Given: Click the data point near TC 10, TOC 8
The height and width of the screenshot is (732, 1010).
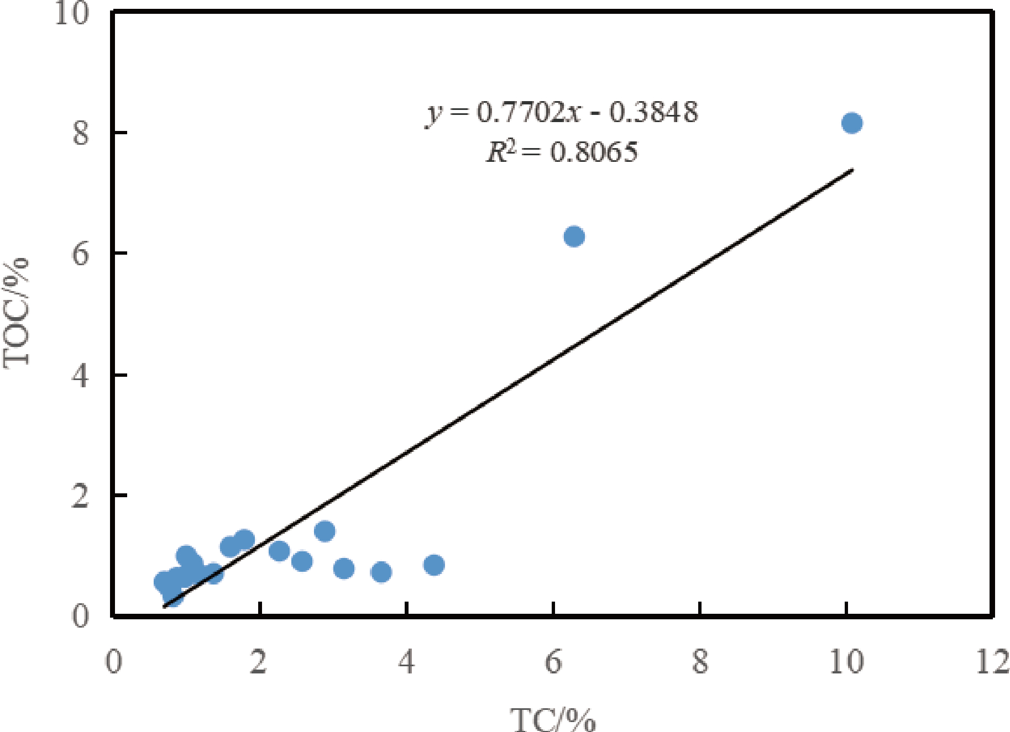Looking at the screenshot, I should [x=851, y=123].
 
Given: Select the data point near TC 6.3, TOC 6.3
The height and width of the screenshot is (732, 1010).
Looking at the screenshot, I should [x=574, y=236].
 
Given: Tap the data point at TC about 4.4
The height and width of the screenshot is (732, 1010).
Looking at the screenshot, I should [x=434, y=565].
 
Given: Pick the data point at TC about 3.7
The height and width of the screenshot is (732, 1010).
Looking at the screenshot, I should [x=381, y=572].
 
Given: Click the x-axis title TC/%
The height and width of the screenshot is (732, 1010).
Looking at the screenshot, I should [x=553, y=719].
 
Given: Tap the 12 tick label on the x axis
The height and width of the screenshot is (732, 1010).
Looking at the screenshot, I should [x=992, y=661].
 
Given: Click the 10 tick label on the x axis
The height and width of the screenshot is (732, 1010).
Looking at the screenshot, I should [x=846, y=661].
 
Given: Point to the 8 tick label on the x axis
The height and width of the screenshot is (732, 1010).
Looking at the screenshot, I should [x=700, y=661].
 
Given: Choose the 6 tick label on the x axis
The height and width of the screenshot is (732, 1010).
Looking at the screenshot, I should [x=553, y=661].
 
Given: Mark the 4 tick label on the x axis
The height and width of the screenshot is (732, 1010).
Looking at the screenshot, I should [x=406, y=661].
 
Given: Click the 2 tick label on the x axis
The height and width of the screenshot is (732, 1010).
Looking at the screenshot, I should [x=259, y=661].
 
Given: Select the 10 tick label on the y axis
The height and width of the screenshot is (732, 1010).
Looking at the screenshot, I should [x=72, y=12].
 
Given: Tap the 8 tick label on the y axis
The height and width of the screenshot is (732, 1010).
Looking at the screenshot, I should [x=81, y=133].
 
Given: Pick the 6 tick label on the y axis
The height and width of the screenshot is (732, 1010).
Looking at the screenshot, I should [x=81, y=254].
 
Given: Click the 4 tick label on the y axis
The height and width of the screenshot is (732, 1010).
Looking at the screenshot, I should [x=81, y=375].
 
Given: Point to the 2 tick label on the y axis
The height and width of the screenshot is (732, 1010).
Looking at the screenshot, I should [x=81, y=496].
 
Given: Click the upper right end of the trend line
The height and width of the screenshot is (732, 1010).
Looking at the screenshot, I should [x=852, y=170].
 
